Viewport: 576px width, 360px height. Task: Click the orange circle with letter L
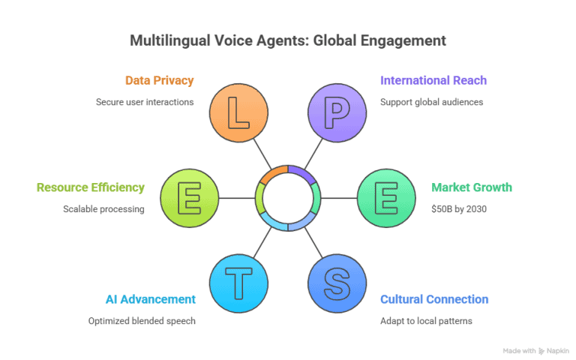[239, 113]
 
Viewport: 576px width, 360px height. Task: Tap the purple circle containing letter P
[337, 113]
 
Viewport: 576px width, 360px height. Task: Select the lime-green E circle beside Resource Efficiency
[190, 198]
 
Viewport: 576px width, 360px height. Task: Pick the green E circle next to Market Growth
[385, 198]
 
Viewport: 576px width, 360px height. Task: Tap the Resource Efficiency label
[91, 187]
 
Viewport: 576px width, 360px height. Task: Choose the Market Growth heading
[472, 187]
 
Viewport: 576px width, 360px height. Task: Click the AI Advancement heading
[150, 300]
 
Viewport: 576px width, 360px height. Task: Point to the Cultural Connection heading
[434, 300]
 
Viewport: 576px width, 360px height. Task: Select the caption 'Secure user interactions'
[145, 102]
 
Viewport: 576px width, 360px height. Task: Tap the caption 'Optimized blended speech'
[142, 321]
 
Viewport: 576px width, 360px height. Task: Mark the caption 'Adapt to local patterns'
[426, 321]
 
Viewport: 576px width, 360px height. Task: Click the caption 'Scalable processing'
[104, 208]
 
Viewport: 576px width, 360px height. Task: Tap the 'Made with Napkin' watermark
[535, 350]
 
